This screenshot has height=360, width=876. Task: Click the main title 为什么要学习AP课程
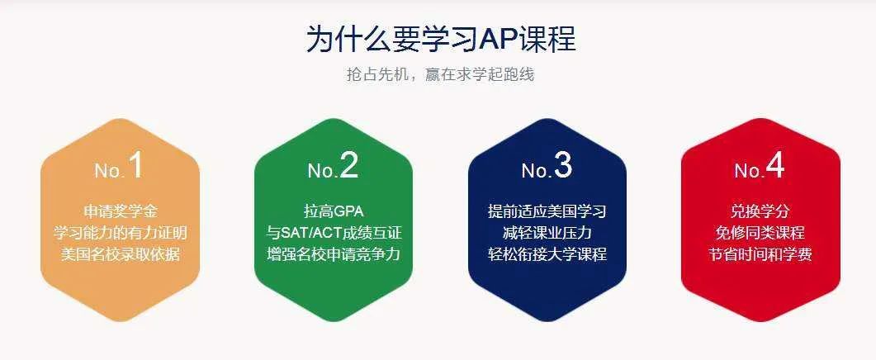(441, 39)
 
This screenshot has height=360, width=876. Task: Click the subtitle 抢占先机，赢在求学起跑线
(440, 75)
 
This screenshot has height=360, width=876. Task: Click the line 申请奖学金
(120, 212)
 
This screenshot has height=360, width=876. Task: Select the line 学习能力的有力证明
(120, 233)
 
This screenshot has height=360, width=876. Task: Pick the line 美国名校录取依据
(120, 254)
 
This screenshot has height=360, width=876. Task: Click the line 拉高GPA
(334, 212)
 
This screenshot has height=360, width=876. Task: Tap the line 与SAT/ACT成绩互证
(334, 233)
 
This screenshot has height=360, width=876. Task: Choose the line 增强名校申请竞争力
(334, 254)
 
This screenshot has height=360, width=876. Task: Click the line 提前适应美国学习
(547, 212)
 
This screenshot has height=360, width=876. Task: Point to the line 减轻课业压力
(547, 233)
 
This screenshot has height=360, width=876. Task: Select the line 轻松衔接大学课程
(547, 254)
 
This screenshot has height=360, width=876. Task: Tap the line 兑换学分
(760, 212)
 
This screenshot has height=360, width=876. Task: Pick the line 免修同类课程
(760, 233)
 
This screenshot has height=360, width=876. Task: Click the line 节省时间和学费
(760, 254)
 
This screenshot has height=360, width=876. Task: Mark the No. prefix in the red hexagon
(748, 170)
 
